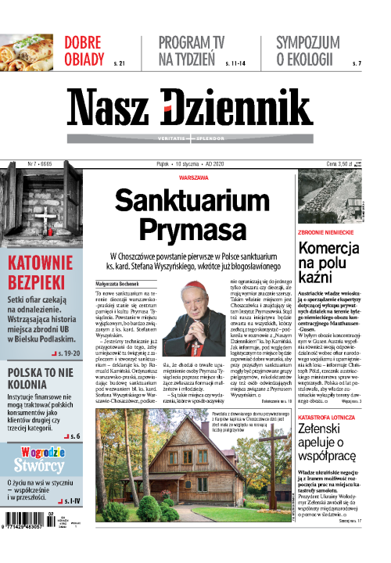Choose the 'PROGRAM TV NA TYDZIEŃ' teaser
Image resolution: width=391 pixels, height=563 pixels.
190,50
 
